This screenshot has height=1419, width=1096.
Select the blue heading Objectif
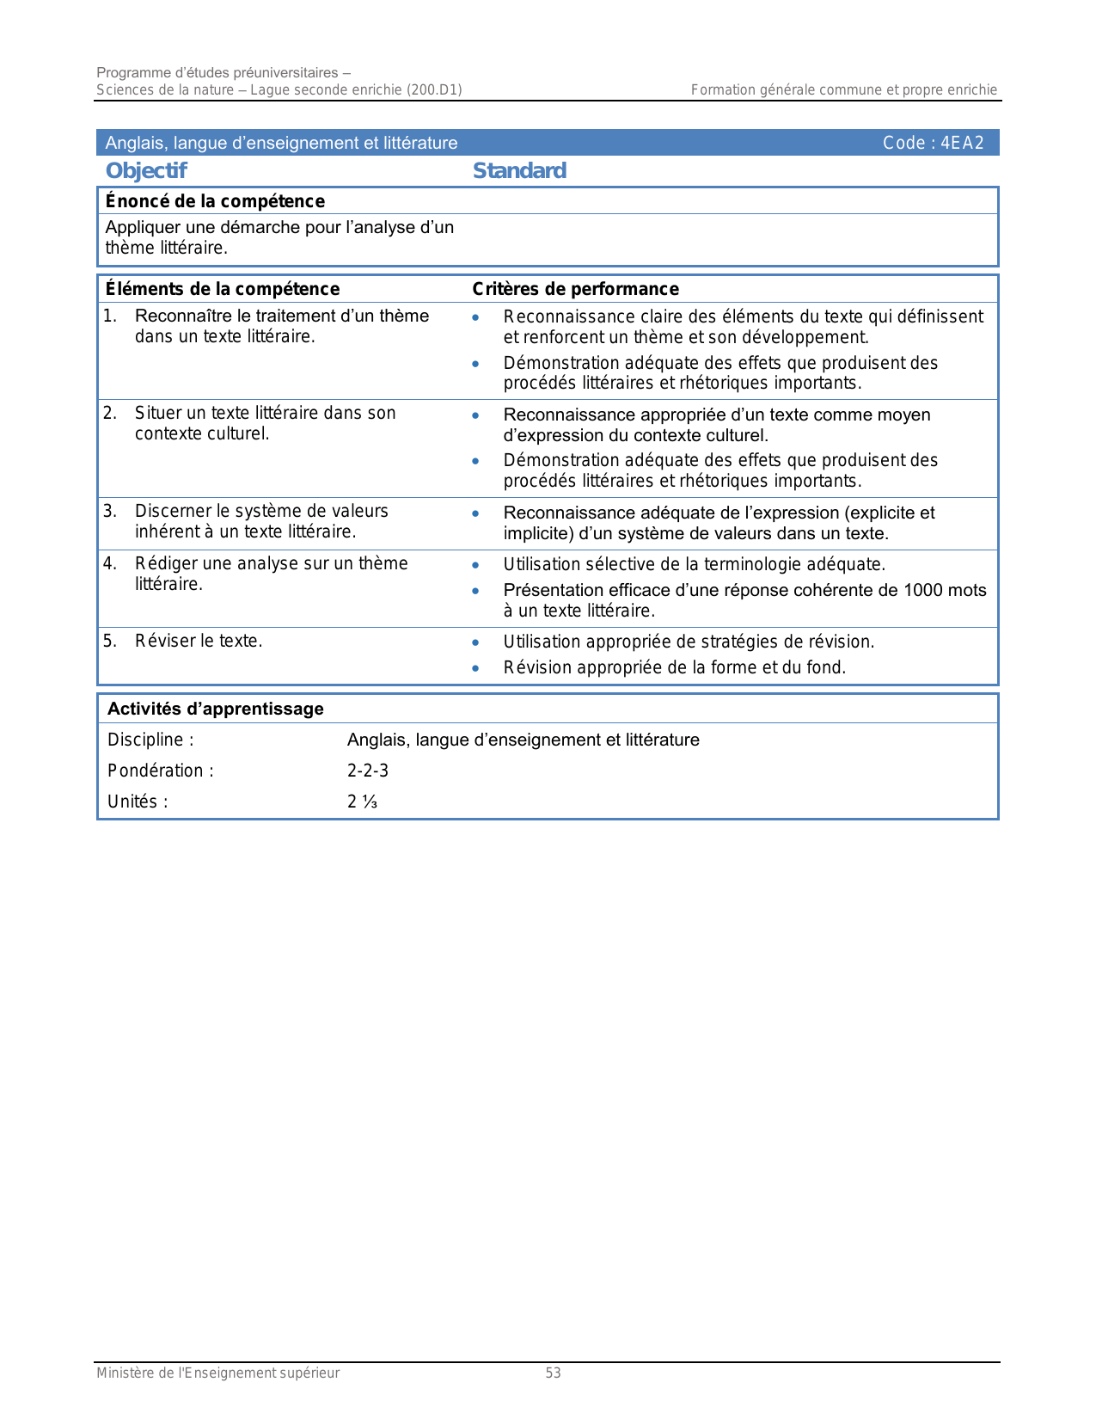pyautogui.click(x=146, y=170)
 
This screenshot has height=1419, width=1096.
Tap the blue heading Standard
pyautogui.click(x=519, y=170)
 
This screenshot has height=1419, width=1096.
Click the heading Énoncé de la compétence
pyautogui.click(x=215, y=201)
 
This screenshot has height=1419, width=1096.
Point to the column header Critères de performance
pyautogui.click(x=575, y=289)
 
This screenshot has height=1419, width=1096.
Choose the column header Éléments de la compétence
pyautogui.click(x=223, y=289)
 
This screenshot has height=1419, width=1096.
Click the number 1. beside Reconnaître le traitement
pyautogui.click(x=110, y=316)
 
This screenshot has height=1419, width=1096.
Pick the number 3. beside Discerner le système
pyautogui.click(x=110, y=512)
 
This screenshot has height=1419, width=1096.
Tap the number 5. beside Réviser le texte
pyautogui.click(x=110, y=641)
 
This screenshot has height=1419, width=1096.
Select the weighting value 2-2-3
pyautogui.click(x=368, y=771)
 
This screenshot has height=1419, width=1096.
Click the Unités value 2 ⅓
pyautogui.click(x=362, y=802)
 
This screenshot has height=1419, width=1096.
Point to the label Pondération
pyautogui.click(x=160, y=771)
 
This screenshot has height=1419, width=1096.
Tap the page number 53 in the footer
pyautogui.click(x=553, y=1373)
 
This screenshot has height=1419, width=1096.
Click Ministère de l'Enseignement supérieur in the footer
pyautogui.click(x=217, y=1373)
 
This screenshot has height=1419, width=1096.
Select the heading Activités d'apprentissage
pyautogui.click(x=216, y=709)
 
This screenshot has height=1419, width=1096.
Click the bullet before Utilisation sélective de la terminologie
pyautogui.click(x=475, y=565)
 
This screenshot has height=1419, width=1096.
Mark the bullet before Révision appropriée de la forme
pyautogui.click(x=475, y=668)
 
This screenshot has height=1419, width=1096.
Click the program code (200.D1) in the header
pyautogui.click(x=434, y=89)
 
